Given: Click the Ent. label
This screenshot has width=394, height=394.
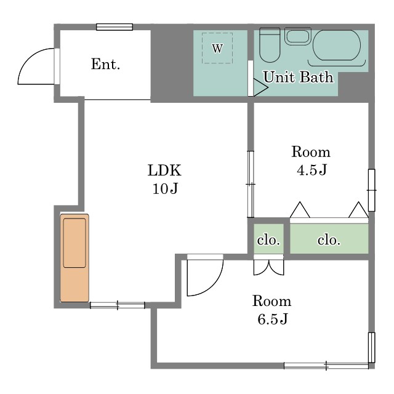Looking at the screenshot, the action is (105, 64).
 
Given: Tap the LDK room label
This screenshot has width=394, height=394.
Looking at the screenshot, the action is (164, 170).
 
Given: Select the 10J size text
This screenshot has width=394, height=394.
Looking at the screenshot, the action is (165, 188).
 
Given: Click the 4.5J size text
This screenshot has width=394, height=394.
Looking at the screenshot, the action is (312, 170).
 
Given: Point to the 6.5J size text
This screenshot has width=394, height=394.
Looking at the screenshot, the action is (272, 319).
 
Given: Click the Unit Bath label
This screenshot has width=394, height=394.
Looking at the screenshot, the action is (298, 77).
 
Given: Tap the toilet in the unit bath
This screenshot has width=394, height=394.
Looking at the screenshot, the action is (270, 45).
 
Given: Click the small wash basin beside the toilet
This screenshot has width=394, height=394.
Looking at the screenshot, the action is (298, 36).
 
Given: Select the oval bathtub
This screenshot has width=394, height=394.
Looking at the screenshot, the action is (337, 45).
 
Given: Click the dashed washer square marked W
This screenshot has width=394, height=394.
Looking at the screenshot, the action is (217, 48).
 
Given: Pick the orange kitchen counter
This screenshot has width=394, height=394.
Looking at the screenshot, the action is (74, 258).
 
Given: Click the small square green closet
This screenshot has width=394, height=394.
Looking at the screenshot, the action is (268, 239).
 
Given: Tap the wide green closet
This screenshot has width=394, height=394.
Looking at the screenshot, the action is (329, 239).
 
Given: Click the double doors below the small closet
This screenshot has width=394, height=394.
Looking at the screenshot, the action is (268, 267).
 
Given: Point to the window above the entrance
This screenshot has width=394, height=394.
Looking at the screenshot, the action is (115, 27).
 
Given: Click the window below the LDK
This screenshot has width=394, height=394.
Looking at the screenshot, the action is (118, 305).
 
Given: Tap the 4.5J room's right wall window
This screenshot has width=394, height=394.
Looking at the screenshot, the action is (372, 190).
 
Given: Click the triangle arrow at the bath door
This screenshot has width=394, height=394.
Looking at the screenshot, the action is (260, 87).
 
